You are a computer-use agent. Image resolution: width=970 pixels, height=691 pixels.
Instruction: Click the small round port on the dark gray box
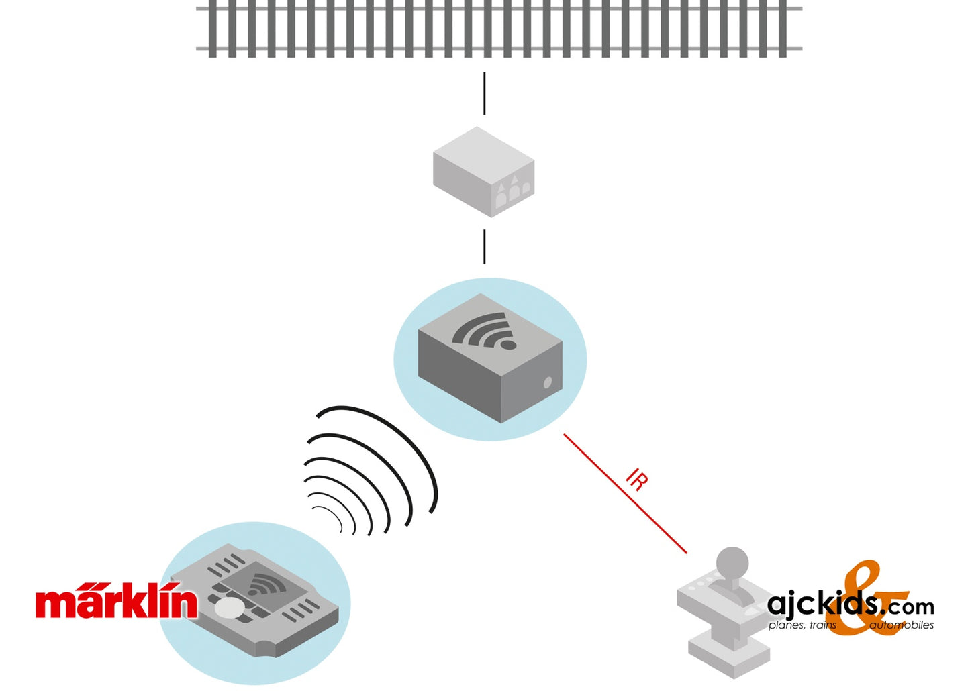click(x=547, y=382)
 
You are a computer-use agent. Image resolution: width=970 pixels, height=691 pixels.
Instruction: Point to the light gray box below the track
click(x=483, y=171)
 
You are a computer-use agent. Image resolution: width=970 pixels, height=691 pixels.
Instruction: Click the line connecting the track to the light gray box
click(x=485, y=94)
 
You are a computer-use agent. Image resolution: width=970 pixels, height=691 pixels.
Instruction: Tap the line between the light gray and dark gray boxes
click(x=485, y=246)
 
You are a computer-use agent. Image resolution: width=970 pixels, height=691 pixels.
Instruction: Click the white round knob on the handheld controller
click(x=229, y=607)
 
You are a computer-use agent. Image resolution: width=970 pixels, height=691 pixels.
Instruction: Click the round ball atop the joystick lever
click(x=732, y=562)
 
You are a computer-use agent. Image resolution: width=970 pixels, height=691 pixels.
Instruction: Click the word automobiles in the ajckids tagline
click(x=901, y=625)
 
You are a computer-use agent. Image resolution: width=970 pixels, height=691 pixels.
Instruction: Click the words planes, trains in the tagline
click(x=802, y=625)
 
